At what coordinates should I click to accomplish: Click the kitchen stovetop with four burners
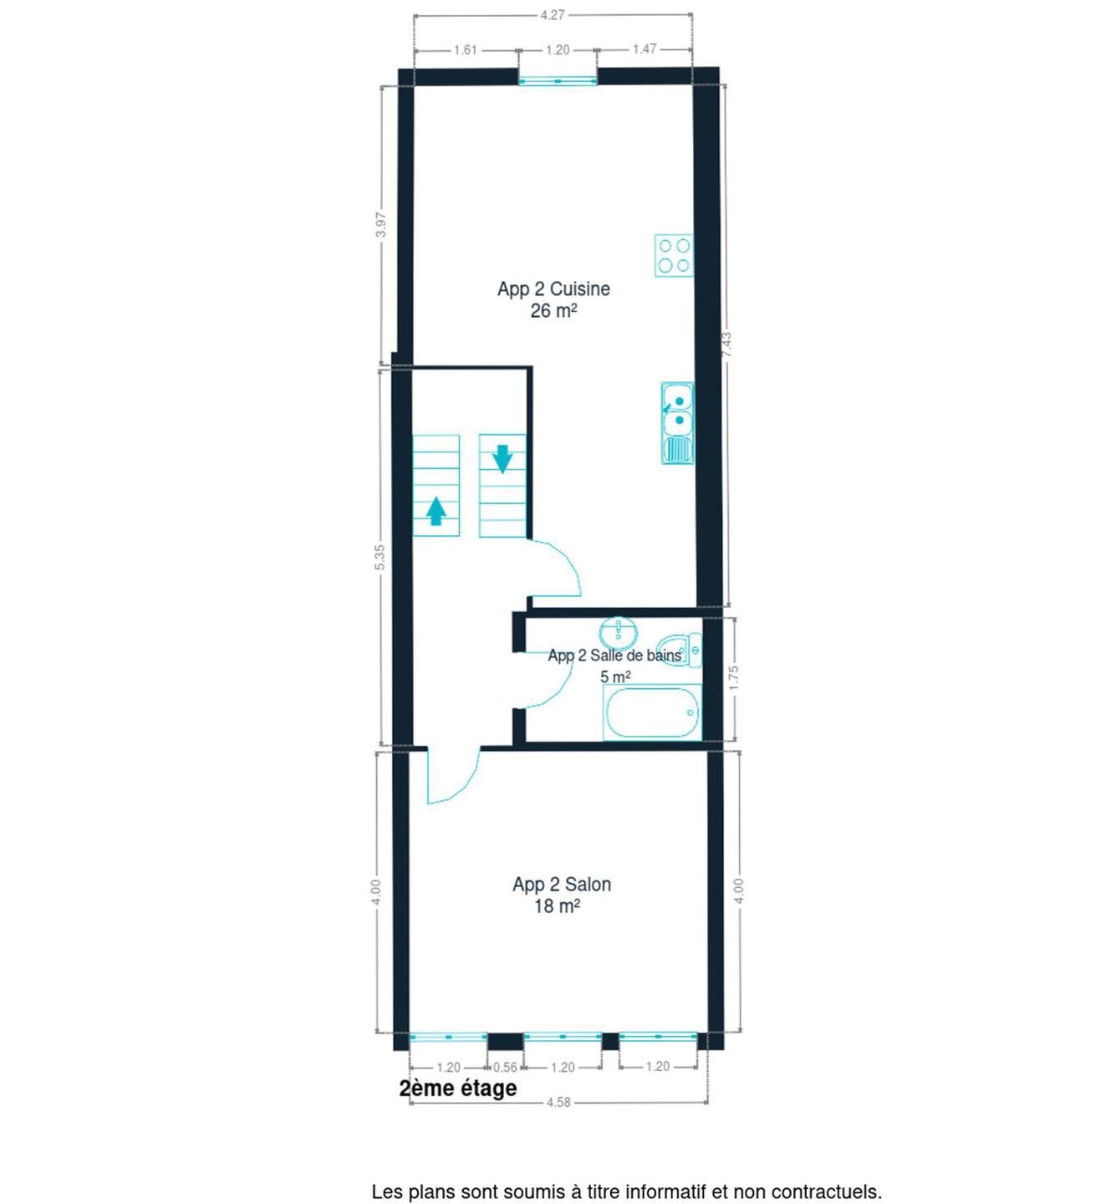pos(674,255)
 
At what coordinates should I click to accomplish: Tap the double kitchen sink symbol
pos(677,422)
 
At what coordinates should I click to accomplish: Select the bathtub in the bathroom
pos(652,713)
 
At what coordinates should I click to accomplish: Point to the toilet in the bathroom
pos(680,650)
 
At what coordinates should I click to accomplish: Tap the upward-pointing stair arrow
pos(436,511)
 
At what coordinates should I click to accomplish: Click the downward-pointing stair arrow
pos(502,459)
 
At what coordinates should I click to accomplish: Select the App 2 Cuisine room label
pos(553,288)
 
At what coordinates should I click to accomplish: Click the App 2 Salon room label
pos(561,885)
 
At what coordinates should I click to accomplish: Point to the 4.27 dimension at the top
pos(553,15)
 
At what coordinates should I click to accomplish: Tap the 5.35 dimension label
pos(380,557)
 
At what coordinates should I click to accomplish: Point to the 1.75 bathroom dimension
pos(734,678)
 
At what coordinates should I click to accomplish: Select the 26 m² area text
pos(553,311)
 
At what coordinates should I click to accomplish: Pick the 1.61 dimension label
pos(466,49)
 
